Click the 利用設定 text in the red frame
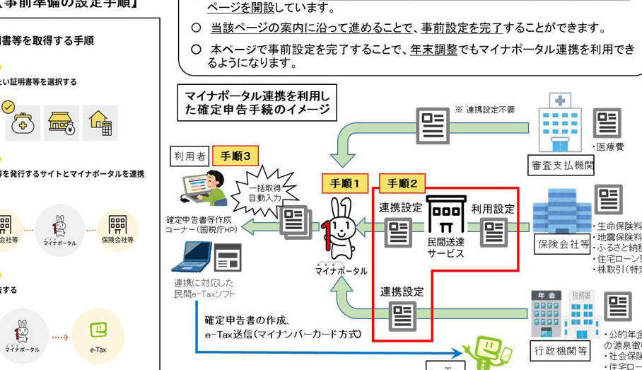tap(493, 209)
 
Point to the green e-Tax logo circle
tap(98, 336)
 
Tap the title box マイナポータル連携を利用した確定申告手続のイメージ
tap(256, 103)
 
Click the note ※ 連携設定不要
tap(485, 110)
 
